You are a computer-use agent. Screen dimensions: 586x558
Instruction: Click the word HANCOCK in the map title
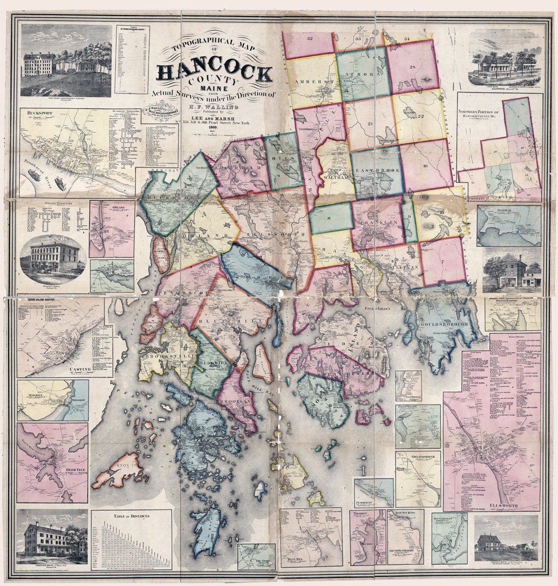pyautogui.click(x=215, y=72)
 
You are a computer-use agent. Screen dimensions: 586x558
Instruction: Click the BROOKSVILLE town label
pyautogui.click(x=160, y=356)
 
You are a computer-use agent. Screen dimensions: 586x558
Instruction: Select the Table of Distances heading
pyautogui.click(x=132, y=516)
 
